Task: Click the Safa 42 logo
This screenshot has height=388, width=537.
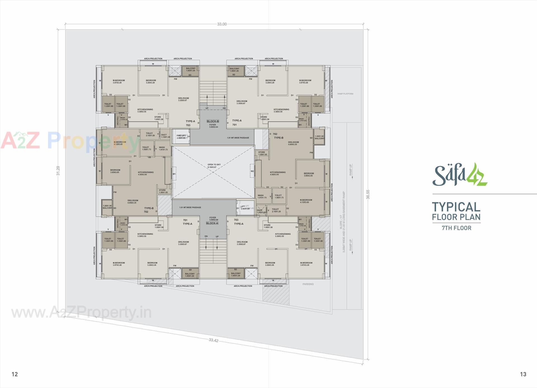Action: tap(460, 175)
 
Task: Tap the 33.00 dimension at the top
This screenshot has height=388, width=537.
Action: tap(222, 24)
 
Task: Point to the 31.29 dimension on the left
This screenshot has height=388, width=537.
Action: tap(58, 171)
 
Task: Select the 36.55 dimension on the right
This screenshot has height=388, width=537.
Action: tap(368, 194)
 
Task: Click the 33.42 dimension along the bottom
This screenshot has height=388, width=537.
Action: tap(213, 340)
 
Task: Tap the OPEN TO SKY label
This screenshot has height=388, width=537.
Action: tap(214, 165)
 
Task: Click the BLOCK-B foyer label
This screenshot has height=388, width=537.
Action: tap(213, 121)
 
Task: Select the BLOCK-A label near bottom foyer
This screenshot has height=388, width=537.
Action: tap(212, 223)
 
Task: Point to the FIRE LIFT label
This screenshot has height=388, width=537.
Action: tap(181, 136)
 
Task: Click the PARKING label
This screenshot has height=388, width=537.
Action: tap(308, 284)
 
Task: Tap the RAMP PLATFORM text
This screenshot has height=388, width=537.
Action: tap(345, 94)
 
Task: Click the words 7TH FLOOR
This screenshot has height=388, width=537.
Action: tap(456, 228)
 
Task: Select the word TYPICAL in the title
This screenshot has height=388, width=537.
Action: tap(456, 207)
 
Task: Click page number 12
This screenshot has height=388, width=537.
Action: tap(15, 374)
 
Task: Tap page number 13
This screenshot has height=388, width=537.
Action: tap(523, 374)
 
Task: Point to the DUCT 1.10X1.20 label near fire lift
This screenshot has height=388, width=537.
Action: tap(165, 136)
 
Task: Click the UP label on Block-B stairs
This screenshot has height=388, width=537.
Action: tap(207, 108)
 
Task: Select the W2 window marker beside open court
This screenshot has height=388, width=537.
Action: tap(252, 171)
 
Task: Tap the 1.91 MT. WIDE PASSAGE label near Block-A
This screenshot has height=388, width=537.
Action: tap(190, 208)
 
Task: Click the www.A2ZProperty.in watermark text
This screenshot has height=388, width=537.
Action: tap(81, 312)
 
